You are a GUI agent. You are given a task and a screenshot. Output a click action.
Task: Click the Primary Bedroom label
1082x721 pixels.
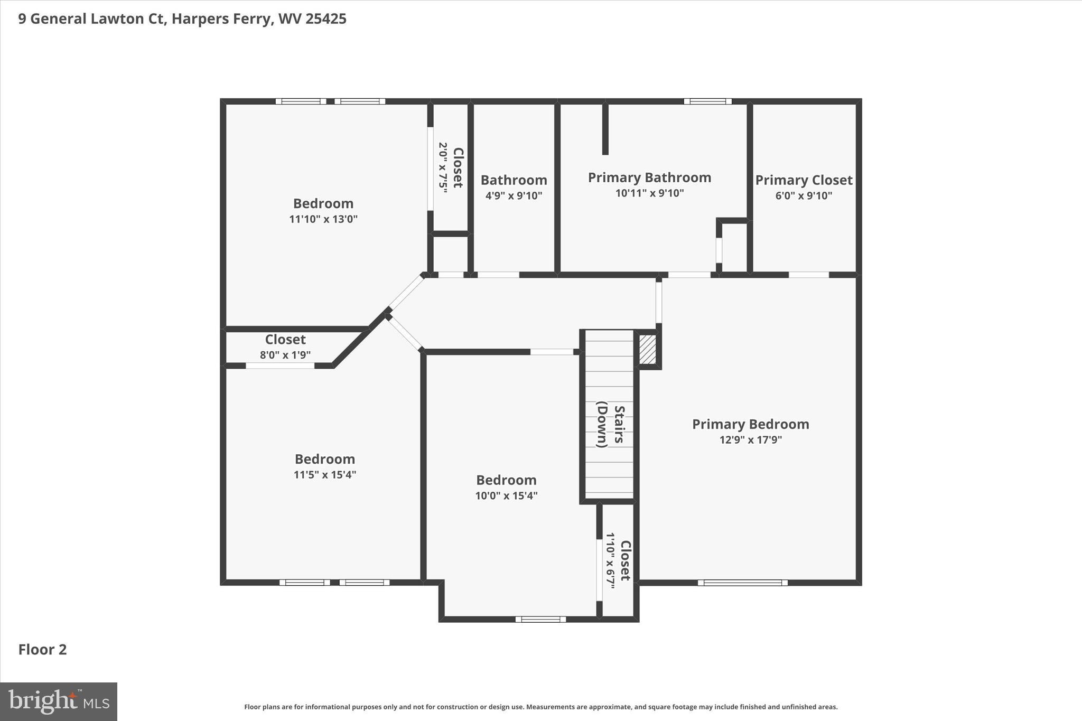pyautogui.click(x=750, y=424)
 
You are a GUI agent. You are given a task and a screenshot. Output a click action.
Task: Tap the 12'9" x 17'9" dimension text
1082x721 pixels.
pyautogui.click(x=750, y=439)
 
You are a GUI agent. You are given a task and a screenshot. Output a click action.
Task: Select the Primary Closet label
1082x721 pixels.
pyautogui.click(x=804, y=180)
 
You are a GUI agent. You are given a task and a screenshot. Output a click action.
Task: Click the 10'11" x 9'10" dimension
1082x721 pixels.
pyautogui.click(x=649, y=193)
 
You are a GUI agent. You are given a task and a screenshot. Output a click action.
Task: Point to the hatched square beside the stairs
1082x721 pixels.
pyautogui.click(x=648, y=349)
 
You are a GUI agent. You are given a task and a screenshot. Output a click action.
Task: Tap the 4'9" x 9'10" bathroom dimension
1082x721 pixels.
pyautogui.click(x=514, y=195)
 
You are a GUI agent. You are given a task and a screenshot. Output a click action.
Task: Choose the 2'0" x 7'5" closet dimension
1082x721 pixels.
pyautogui.click(x=443, y=167)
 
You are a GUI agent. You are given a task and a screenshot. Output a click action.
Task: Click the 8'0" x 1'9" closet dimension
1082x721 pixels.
pyautogui.click(x=285, y=355)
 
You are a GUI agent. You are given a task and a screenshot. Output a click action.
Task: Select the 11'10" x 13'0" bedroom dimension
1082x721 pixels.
pyautogui.click(x=323, y=219)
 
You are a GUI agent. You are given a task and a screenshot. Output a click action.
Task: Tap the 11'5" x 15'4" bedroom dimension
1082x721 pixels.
pyautogui.click(x=324, y=474)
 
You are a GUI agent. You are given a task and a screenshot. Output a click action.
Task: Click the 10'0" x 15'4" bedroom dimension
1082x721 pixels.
pyautogui.click(x=506, y=495)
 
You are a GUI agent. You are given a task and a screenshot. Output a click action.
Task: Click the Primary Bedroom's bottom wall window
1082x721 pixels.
pyautogui.click(x=742, y=583)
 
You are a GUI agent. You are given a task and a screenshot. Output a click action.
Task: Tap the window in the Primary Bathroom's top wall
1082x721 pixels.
pyautogui.click(x=707, y=101)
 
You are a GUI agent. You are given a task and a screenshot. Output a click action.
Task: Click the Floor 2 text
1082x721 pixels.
pyautogui.click(x=42, y=650)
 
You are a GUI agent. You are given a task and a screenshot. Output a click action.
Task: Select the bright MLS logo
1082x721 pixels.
pyautogui.click(x=59, y=701)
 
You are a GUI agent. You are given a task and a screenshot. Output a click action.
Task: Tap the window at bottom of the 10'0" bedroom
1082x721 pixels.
pyautogui.click(x=540, y=619)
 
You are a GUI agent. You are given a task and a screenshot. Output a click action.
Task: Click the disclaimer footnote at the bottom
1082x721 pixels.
pyautogui.click(x=540, y=707)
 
